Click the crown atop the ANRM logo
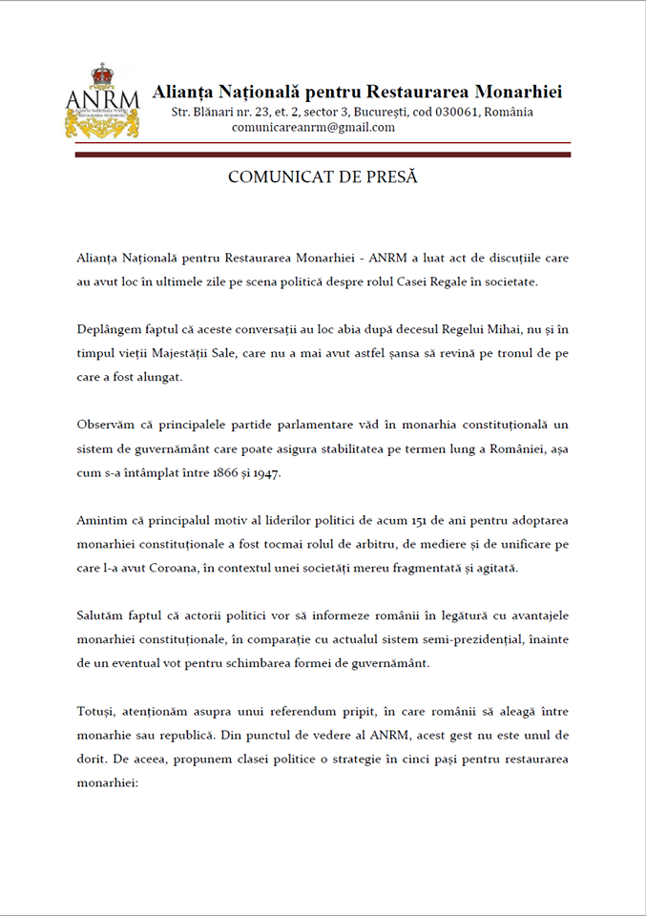[102, 75]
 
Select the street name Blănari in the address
[216, 112]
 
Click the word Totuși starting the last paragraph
[97, 713]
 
